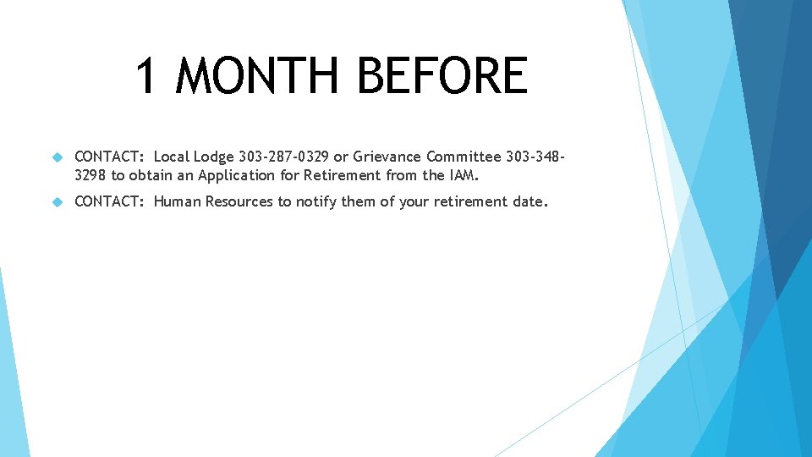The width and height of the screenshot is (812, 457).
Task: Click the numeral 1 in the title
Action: pyautogui.click(x=146, y=76)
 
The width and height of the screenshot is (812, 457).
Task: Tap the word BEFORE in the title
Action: pyautogui.click(x=442, y=76)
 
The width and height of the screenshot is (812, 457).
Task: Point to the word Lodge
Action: pyautogui.click(x=215, y=157)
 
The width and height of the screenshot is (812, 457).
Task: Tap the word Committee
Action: pyautogui.click(x=464, y=157)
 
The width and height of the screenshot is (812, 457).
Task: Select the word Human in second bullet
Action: pyautogui.click(x=178, y=201)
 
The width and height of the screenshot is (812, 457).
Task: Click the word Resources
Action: pyautogui.click(x=239, y=201)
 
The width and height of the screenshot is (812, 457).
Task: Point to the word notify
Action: pyautogui.click(x=315, y=201)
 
